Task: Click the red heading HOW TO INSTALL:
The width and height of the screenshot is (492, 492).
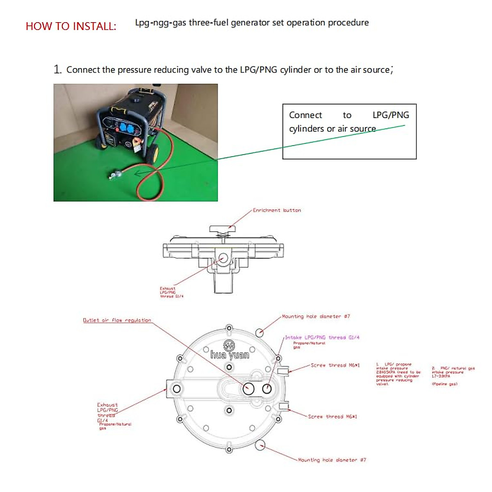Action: point(71,26)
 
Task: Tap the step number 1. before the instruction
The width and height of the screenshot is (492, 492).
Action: point(57,69)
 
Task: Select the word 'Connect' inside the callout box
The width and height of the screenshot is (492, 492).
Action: point(305,115)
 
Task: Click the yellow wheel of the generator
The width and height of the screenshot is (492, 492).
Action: point(154,154)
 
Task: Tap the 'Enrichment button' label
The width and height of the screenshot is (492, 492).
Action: point(277,210)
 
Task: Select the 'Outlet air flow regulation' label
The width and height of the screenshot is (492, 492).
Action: point(117,320)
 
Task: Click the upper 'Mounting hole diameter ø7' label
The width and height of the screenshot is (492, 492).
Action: point(316,317)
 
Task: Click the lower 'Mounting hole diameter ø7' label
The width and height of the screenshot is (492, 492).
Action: point(332,460)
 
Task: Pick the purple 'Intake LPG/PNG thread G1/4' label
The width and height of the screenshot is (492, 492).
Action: point(322,337)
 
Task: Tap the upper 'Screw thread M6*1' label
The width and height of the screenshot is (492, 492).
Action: point(335,365)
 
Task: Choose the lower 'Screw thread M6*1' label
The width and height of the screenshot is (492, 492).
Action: point(332,417)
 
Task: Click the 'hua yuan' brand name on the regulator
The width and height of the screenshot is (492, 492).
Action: point(230,355)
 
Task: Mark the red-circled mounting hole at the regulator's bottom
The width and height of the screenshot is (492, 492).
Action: point(260,444)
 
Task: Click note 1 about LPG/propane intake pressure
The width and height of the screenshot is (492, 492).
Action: point(398,374)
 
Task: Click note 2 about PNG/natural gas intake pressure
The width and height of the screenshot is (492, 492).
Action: point(453,374)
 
